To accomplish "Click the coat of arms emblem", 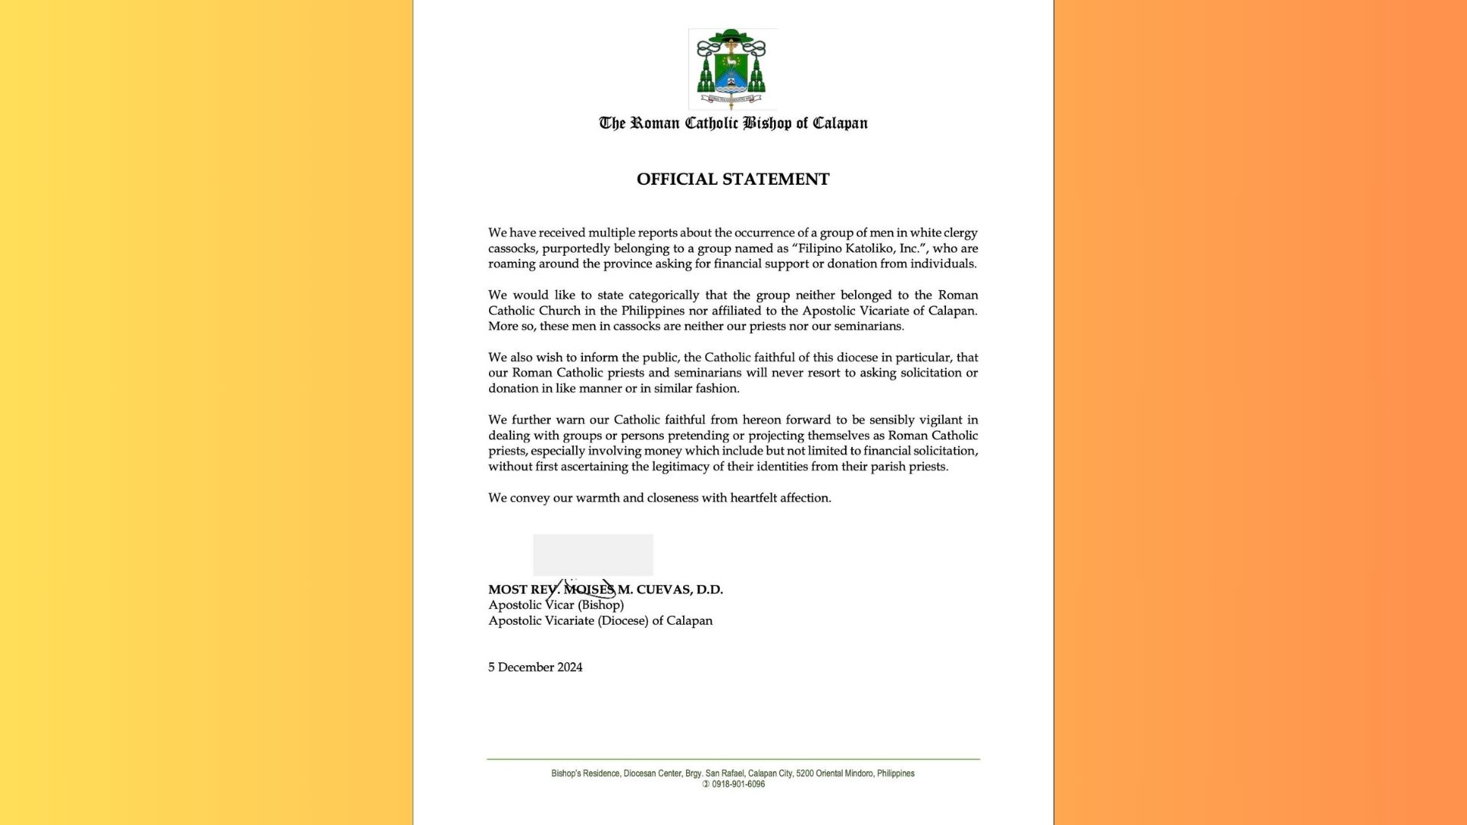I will tap(732, 70).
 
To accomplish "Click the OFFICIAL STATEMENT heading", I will tap(733, 180).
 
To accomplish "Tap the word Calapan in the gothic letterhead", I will tap(840, 124).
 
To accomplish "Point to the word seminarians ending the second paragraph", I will tap(865, 326).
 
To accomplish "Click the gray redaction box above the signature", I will tap(593, 555).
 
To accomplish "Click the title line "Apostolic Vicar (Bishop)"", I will tap(556, 605).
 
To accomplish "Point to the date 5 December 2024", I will tap(536, 668).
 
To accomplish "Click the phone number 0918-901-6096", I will tap(738, 785).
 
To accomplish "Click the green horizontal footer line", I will tap(733, 759).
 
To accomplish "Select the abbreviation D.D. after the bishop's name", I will tap(710, 590).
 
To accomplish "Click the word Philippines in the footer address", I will tap(895, 774).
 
